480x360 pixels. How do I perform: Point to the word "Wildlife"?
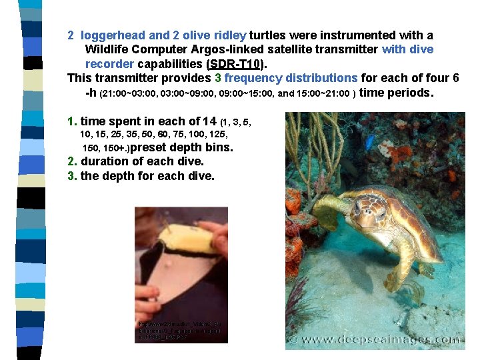tap(108, 49)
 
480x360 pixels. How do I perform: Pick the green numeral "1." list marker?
tap(72, 121)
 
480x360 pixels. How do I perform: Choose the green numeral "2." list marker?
tap(72, 161)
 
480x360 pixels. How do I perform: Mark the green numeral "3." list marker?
tap(72, 176)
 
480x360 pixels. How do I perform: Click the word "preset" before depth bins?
tap(155, 147)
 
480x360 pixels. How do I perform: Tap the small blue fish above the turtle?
tap(369, 142)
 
